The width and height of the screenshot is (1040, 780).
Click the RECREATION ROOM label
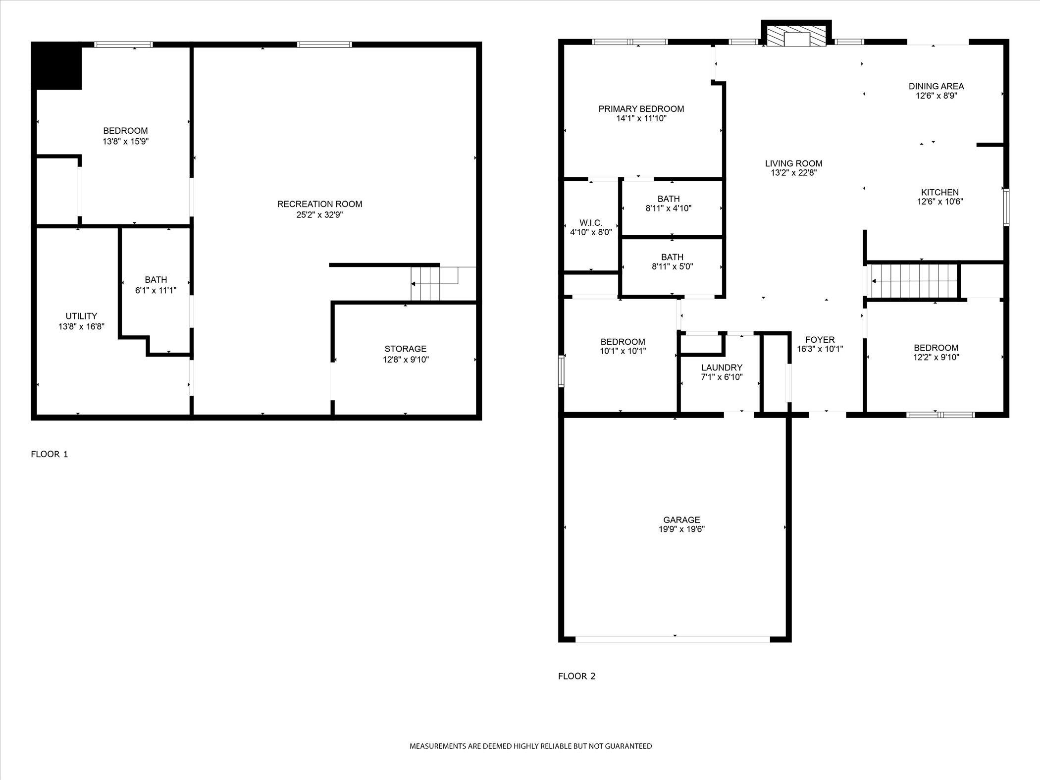click(319, 204)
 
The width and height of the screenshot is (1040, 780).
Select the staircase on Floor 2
click(914, 281)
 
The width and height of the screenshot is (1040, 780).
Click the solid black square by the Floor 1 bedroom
click(56, 66)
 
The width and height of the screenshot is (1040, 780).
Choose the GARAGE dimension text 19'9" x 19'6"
click(681, 529)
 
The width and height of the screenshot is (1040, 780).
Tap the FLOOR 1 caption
click(50, 454)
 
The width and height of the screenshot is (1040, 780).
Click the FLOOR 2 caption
click(576, 676)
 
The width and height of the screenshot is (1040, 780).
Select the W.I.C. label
click(591, 223)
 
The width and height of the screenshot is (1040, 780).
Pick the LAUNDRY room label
click(722, 367)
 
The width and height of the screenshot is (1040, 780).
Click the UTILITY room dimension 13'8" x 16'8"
click(81, 326)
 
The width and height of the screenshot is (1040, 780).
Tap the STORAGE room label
click(405, 349)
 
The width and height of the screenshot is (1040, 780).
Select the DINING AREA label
click(936, 86)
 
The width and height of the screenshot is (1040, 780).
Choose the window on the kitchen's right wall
click(1006, 207)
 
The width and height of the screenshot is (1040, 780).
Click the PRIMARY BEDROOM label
click(641, 109)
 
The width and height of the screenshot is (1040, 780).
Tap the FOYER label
click(820, 340)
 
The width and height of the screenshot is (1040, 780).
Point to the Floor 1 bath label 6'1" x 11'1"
click(156, 285)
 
